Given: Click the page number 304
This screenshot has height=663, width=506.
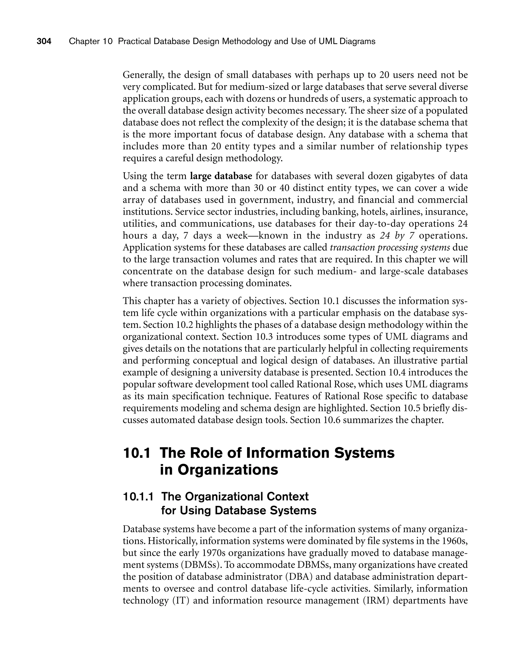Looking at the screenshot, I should pos(44,41).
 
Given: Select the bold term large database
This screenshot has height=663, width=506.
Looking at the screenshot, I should pos(221,176).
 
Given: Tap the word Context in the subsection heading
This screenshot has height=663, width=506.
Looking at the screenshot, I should pos(288,497).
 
